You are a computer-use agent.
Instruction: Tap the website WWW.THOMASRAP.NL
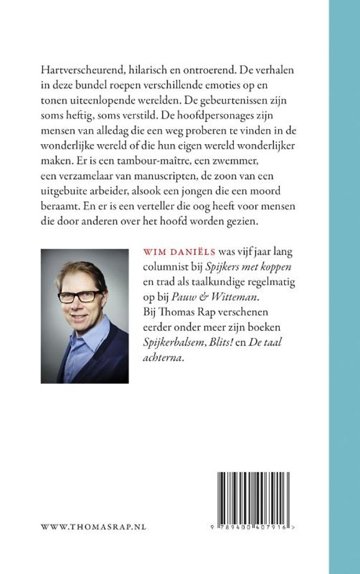[x=93, y=527]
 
